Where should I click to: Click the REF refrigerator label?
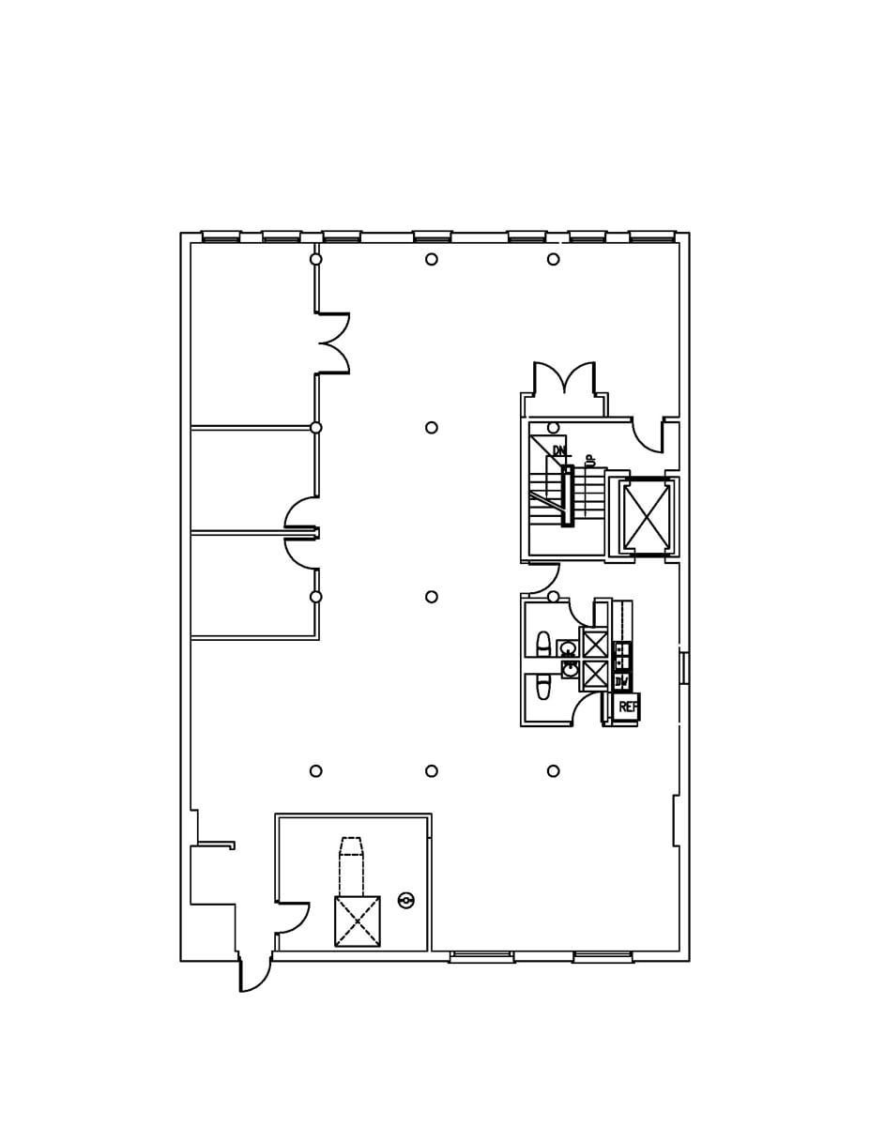point(627,708)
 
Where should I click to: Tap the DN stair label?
point(559,451)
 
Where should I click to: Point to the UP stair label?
point(590,460)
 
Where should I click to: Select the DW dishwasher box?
point(622,681)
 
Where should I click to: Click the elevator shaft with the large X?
point(647,517)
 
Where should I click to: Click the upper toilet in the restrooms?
point(543,644)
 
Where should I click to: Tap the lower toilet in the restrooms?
point(543,689)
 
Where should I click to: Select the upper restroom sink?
point(568,648)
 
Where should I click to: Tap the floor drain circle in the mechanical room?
point(406,900)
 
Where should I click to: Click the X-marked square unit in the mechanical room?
point(358,921)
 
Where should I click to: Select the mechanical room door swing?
point(293,918)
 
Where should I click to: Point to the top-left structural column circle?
point(316,259)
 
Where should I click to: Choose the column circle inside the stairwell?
point(554,428)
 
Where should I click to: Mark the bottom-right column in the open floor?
point(554,771)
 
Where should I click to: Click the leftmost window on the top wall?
point(221,236)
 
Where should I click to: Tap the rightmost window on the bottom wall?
point(603,957)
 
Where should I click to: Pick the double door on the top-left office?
point(333,343)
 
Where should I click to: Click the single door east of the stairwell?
point(648,434)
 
